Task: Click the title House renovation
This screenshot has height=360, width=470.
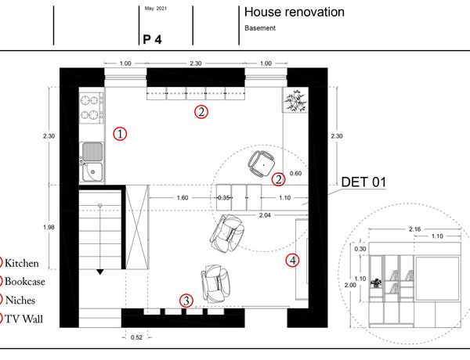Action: click(294, 13)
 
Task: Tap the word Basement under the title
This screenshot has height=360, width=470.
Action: click(260, 28)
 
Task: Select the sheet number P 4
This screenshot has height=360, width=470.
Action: click(152, 40)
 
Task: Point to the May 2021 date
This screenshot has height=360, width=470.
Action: click(156, 9)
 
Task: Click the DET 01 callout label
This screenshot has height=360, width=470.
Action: click(363, 182)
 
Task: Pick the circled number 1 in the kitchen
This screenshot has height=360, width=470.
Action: click(120, 134)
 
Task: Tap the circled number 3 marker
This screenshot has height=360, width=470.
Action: click(186, 301)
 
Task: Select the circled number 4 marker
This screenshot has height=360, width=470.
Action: click(292, 261)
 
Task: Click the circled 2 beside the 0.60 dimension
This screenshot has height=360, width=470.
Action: click(278, 179)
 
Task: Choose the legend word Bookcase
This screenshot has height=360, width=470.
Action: click(25, 282)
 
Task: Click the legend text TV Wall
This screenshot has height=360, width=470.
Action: click(24, 319)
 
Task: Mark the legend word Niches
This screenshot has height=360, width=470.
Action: click(20, 300)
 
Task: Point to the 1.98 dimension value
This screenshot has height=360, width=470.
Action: click(49, 227)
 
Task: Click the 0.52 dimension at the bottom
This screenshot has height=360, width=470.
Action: click(136, 337)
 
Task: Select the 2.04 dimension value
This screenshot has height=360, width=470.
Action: click(265, 215)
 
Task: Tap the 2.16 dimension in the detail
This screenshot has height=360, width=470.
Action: click(415, 229)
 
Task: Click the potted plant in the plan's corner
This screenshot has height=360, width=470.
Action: click(296, 100)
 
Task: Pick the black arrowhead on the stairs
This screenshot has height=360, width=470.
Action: click(100, 272)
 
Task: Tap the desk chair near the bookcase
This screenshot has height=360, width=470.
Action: click(262, 164)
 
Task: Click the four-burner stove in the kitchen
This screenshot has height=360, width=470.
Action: click(92, 107)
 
